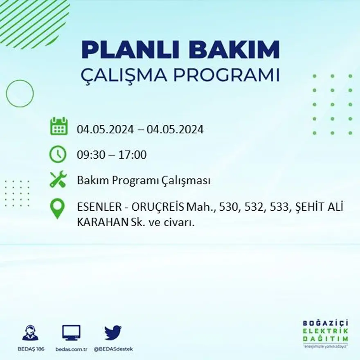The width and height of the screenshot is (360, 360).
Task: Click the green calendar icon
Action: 59,126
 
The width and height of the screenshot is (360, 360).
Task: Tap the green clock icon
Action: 58,154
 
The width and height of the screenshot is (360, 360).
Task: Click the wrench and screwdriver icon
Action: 58,180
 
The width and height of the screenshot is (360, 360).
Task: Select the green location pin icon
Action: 57,208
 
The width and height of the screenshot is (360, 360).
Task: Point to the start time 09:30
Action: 90,155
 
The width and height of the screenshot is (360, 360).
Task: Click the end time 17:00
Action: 133,155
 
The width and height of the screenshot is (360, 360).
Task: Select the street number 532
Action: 254,208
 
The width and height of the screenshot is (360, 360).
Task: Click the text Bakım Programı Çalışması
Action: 144,180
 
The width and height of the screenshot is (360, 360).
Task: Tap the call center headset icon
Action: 30,333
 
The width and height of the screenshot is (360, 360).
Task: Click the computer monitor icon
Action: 71,333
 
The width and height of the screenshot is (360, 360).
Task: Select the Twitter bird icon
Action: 113,333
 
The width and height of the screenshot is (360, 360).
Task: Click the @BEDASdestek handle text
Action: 113,349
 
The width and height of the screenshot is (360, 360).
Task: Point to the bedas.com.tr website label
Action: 72,349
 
